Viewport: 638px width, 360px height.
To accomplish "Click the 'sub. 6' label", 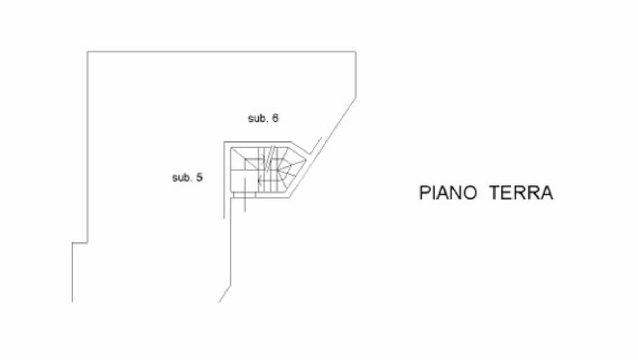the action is [263, 119].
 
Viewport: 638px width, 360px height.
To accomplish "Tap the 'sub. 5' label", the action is [187, 178].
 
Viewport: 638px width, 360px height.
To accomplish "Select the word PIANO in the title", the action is [448, 192].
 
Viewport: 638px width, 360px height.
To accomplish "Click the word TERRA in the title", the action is [522, 192].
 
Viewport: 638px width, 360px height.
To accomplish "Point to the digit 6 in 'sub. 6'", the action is [275, 119].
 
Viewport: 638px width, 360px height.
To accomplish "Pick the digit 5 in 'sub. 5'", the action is [199, 178].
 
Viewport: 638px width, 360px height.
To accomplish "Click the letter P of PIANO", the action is [424, 192].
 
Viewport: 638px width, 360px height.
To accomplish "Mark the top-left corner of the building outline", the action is [88, 51].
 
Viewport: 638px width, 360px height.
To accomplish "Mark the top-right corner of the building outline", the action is [356, 51].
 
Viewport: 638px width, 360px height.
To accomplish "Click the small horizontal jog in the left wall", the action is [80, 243].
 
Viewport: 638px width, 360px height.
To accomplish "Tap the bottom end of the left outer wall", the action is [72, 302].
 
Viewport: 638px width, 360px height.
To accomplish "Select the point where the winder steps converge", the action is [279, 170].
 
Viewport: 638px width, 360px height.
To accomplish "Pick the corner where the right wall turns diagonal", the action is [356, 97].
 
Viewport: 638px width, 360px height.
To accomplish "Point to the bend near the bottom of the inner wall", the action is [230, 287].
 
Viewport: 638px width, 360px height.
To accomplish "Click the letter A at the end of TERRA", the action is [547, 192].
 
